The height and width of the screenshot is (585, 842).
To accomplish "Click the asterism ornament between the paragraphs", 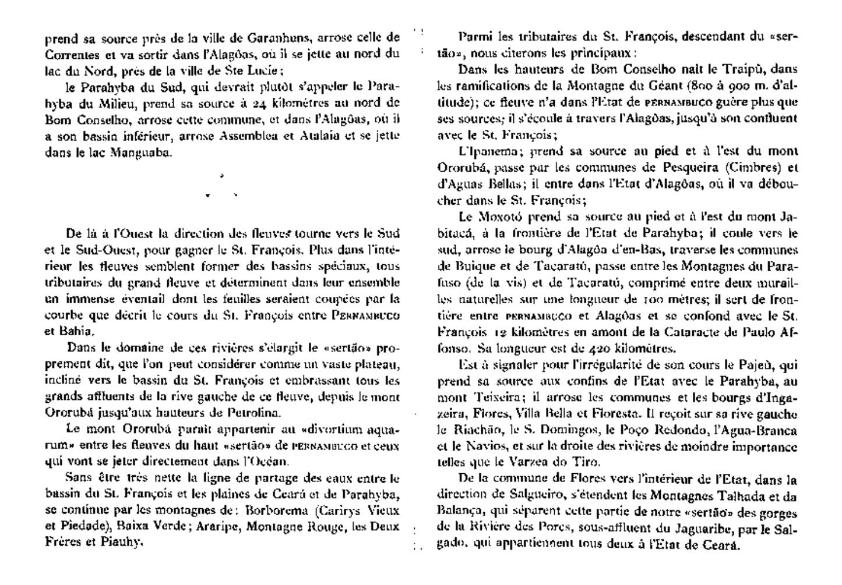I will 221,187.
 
